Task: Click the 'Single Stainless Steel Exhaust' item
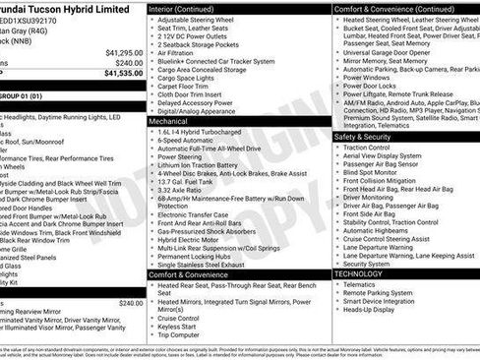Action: [211, 264]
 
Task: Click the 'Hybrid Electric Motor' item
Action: [195, 239]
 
